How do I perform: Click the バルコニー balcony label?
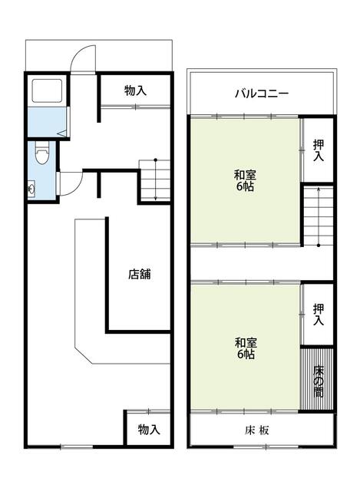[262, 94]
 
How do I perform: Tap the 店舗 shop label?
[140, 274]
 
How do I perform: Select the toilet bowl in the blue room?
[41, 153]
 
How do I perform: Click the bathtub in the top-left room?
[47, 91]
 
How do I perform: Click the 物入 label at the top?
[135, 91]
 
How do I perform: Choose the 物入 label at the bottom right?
[149, 430]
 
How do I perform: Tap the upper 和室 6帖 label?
[245, 180]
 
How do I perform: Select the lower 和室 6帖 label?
[246, 348]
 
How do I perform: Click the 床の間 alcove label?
[319, 381]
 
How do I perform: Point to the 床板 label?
[256, 430]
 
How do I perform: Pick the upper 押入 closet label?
[319, 150]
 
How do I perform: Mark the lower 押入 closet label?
[319, 315]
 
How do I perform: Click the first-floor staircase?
[155, 181]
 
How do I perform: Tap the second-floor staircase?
[319, 216]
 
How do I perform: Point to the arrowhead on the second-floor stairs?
[319, 189]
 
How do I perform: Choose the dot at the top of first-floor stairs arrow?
[155, 160]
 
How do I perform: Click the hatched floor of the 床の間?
[317, 379]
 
